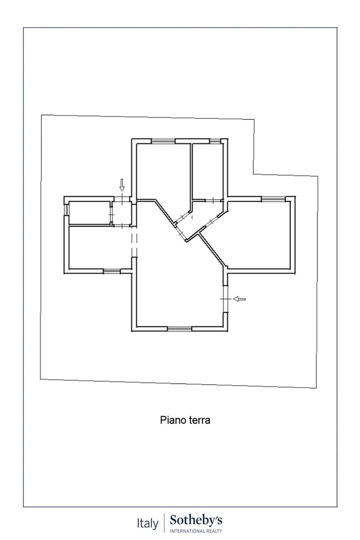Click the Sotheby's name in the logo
click(x=196, y=521)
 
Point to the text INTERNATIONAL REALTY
click(x=196, y=531)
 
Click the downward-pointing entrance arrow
click(x=122, y=184)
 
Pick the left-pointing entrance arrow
click(x=239, y=299)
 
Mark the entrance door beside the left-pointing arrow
click(x=225, y=299)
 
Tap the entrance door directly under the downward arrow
click(x=122, y=198)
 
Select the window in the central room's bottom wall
click(x=180, y=329)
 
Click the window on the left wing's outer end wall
click(x=67, y=210)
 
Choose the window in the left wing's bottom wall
click(x=112, y=271)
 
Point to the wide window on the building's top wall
click(x=163, y=141)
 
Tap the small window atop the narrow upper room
click(x=215, y=141)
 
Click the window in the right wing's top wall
click(x=274, y=199)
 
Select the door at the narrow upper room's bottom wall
click(x=213, y=200)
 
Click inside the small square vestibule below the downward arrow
click(x=122, y=213)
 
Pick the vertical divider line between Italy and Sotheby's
click(x=164, y=524)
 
